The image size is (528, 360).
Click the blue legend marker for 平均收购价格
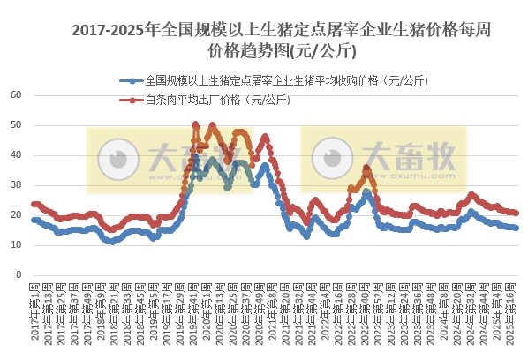pyautogui.click(x=132, y=80)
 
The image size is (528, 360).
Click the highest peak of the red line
pyautogui.click(x=195, y=124)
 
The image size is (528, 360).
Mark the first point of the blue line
pyautogui.click(x=34, y=220)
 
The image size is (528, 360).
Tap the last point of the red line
pyautogui.click(x=517, y=213)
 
